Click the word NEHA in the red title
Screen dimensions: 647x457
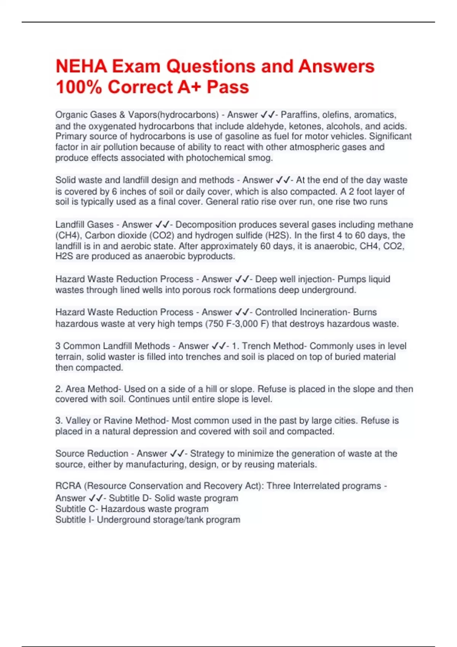[x=81, y=66]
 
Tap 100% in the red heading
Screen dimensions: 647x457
[x=79, y=87]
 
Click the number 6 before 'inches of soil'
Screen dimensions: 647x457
[x=114, y=191]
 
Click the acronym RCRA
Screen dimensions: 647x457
[x=68, y=486]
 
